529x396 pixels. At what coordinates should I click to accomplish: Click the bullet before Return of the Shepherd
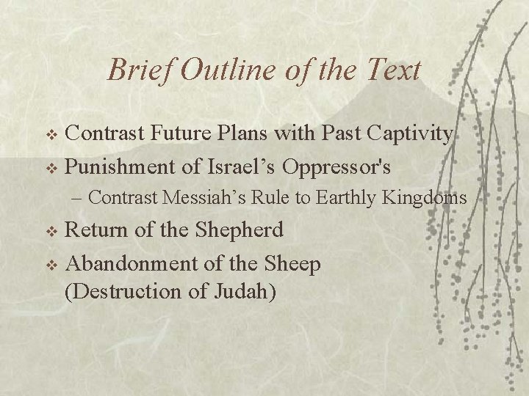(51, 232)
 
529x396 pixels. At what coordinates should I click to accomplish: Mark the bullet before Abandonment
(51, 265)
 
